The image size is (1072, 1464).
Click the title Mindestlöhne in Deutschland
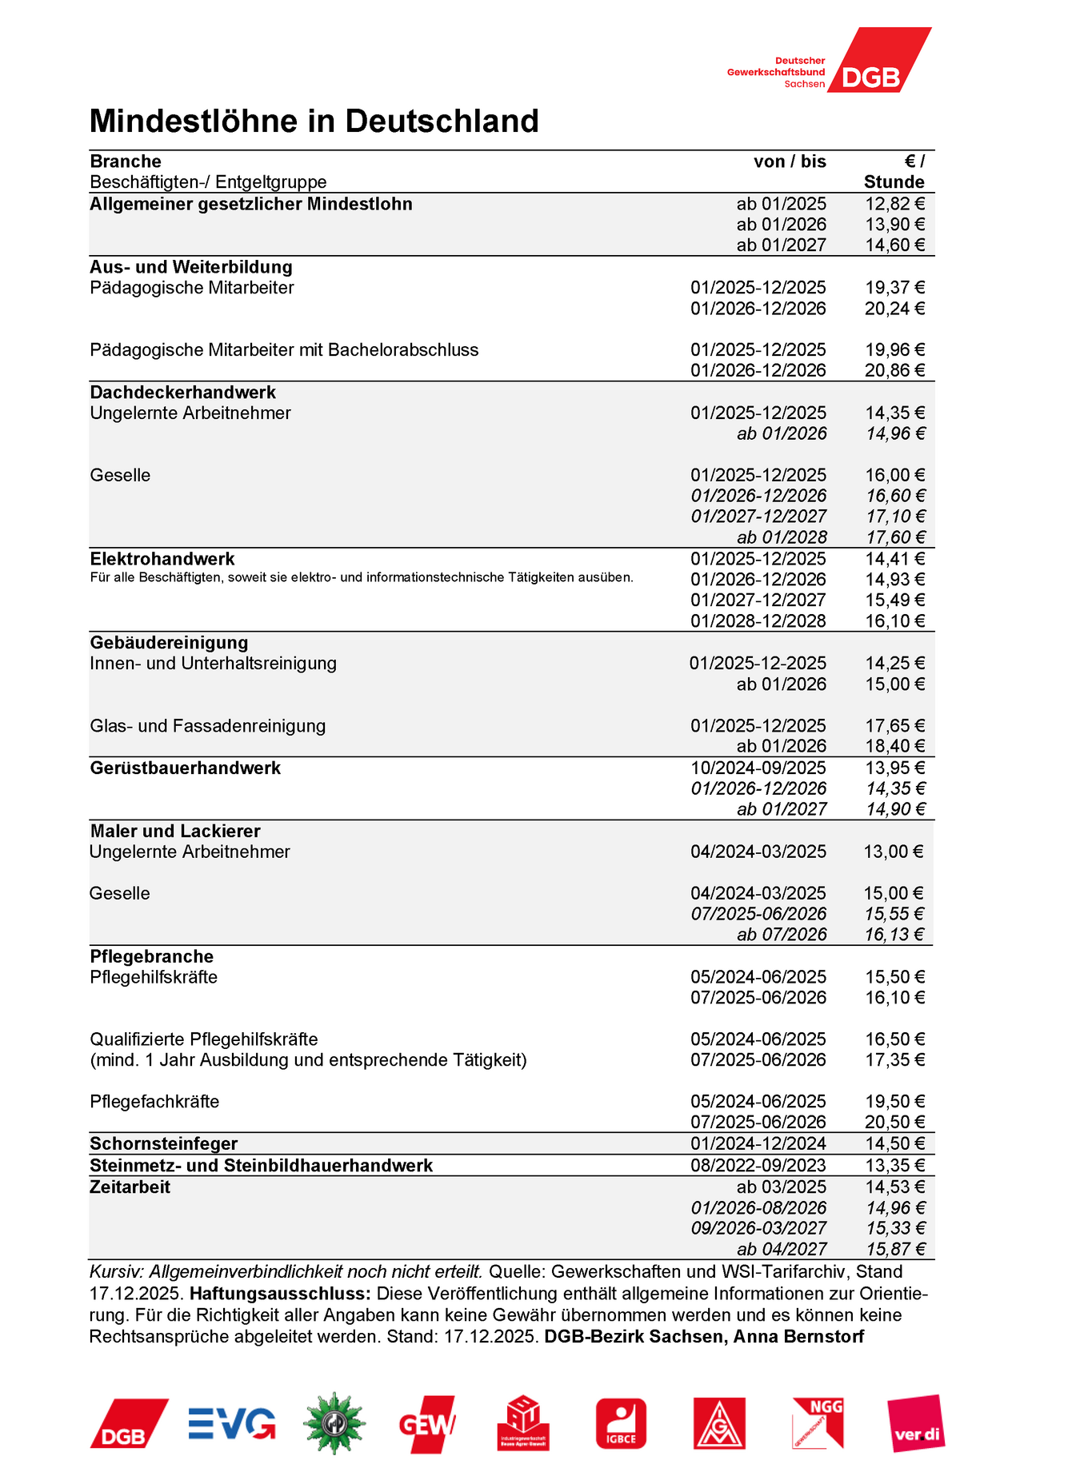click(x=314, y=122)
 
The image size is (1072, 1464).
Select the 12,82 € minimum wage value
click(x=894, y=204)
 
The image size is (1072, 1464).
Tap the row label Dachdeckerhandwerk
click(x=182, y=393)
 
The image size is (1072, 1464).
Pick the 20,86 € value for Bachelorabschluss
click(x=894, y=370)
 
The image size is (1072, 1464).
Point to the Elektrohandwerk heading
click(x=162, y=559)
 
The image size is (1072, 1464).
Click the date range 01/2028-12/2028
click(x=758, y=621)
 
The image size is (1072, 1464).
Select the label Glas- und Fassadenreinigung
click(x=208, y=726)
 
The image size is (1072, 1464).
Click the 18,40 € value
click(x=894, y=747)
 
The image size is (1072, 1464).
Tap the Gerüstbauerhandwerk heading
click(x=186, y=768)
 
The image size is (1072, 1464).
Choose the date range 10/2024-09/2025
click(x=758, y=768)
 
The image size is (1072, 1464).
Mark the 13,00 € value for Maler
click(x=893, y=852)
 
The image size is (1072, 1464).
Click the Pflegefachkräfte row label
click(x=154, y=1102)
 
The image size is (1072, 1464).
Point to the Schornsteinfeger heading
click(x=164, y=1144)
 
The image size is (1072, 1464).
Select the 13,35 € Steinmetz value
click(x=894, y=1166)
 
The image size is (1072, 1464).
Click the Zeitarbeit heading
click(x=130, y=1187)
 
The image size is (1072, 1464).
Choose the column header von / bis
click(x=790, y=162)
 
